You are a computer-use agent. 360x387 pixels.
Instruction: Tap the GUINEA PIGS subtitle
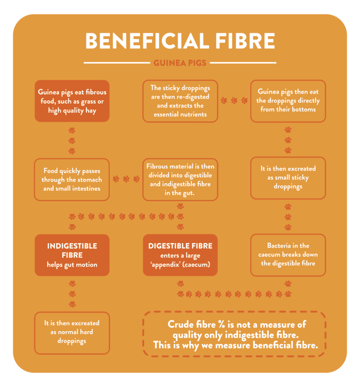(x=180, y=63)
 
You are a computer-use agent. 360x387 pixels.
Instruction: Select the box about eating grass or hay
(x=72, y=101)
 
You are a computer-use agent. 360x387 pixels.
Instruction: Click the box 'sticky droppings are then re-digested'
(x=180, y=101)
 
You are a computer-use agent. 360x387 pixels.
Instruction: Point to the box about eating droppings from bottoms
(x=288, y=101)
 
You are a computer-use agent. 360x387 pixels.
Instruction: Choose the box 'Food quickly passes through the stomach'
(x=72, y=180)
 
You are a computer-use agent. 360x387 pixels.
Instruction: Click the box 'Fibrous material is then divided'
(x=180, y=180)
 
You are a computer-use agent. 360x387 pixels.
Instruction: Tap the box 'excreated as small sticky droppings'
(x=288, y=178)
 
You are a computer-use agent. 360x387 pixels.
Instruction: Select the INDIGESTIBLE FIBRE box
(x=72, y=255)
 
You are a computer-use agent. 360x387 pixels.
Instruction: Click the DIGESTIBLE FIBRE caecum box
(x=180, y=255)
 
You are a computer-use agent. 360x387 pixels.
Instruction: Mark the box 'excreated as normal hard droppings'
(x=72, y=332)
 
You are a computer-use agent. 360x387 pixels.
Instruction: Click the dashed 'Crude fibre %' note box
(x=234, y=334)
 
